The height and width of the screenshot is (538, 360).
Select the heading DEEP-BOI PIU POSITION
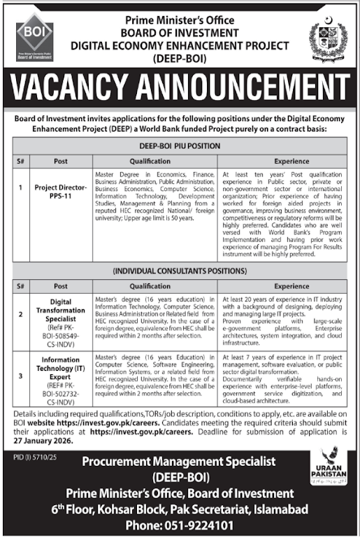click(x=180, y=146)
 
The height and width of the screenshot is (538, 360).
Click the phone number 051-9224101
click(x=181, y=524)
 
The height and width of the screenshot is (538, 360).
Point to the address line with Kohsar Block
click(x=180, y=509)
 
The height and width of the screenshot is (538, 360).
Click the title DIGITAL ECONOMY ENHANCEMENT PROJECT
click(x=180, y=45)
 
